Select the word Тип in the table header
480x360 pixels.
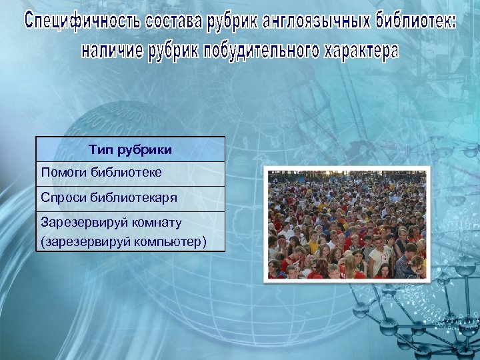(99, 150)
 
